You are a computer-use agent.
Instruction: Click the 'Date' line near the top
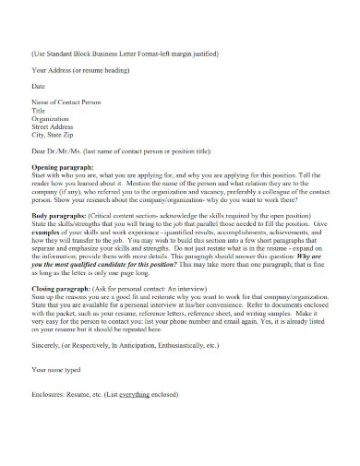click(38, 85)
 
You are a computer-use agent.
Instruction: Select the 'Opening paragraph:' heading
click(63, 166)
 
